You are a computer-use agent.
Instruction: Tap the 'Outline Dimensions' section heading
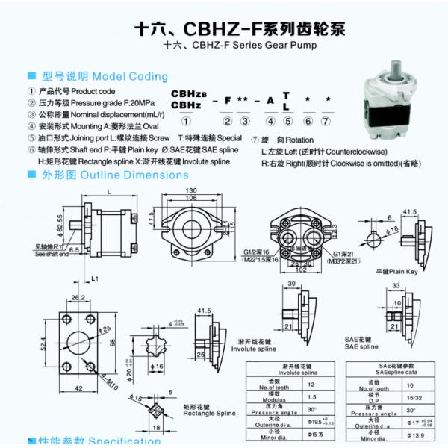click(x=135, y=175)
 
